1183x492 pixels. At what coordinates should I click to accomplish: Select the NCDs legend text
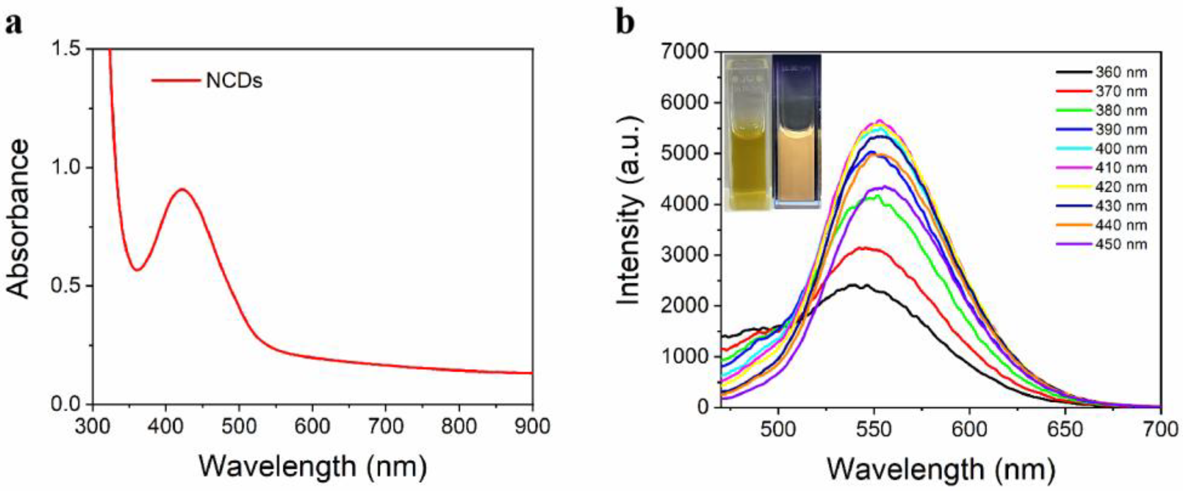pyautogui.click(x=234, y=81)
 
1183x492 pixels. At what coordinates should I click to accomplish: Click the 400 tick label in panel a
pyautogui.click(x=166, y=427)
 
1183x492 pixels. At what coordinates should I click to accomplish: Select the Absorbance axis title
pyautogui.click(x=18, y=219)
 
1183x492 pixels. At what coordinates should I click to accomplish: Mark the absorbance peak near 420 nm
pyautogui.click(x=182, y=189)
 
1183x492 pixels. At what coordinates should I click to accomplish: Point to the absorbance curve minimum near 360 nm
pyautogui.click(x=137, y=269)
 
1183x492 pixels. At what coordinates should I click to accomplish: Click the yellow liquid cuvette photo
pyautogui.click(x=747, y=132)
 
